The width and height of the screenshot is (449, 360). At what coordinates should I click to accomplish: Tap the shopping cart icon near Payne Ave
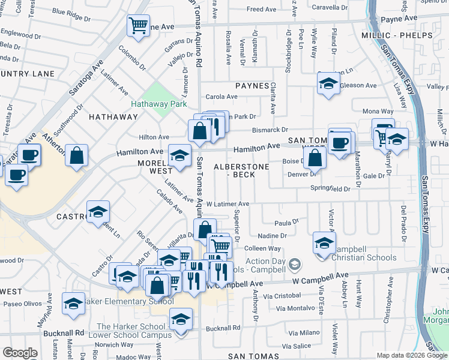pyautogui.click(x=138, y=26)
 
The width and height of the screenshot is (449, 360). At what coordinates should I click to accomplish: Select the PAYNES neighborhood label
pyautogui.click(x=252, y=86)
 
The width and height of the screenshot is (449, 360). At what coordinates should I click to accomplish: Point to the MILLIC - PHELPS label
pyautogui.click(x=397, y=35)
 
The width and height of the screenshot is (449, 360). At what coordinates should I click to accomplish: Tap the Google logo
pyautogui.click(x=20, y=353)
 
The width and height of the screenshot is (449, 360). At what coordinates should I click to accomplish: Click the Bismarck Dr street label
pyautogui.click(x=270, y=130)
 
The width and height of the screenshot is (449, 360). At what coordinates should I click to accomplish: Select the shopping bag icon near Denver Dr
pyautogui.click(x=314, y=158)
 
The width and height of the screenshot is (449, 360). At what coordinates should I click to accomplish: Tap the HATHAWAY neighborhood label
pyautogui.click(x=113, y=117)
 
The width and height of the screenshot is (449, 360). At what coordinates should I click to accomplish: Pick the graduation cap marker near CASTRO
pyautogui.click(x=98, y=212)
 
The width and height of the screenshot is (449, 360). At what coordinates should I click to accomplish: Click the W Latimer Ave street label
pyautogui.click(x=228, y=205)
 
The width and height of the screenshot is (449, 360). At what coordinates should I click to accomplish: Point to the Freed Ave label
pyautogui.click(x=261, y=10)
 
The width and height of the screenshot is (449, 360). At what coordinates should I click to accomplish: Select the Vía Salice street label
pyautogui.click(x=297, y=346)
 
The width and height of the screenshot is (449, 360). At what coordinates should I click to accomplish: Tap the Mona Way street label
pyautogui.click(x=378, y=112)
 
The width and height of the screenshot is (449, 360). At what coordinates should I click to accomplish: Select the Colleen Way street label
pyautogui.click(x=262, y=248)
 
